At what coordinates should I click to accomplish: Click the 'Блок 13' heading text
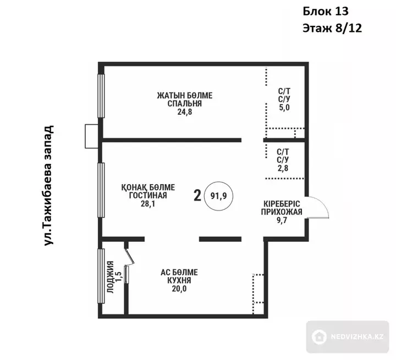click(326, 12)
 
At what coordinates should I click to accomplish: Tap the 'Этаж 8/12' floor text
click(332, 28)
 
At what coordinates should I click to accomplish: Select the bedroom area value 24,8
click(185, 112)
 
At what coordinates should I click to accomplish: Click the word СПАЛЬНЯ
click(185, 103)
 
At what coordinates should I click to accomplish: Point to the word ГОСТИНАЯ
click(148, 195)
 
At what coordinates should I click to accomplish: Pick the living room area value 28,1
click(148, 203)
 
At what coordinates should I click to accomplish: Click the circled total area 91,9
click(219, 196)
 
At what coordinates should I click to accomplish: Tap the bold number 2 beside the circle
click(197, 196)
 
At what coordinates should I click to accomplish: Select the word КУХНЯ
click(179, 280)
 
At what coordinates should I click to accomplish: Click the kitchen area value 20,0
click(179, 289)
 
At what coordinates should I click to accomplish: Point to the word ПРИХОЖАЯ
click(282, 212)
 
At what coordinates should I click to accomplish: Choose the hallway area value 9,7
click(282, 220)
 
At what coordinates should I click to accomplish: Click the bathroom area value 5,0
click(284, 107)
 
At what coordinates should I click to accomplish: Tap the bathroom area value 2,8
click(283, 168)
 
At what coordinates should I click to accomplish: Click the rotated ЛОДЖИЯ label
click(111, 277)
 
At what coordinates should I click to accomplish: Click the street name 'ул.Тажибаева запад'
click(48, 185)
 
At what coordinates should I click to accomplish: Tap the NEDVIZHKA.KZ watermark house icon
click(319, 337)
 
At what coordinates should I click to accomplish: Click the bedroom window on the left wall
click(101, 96)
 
